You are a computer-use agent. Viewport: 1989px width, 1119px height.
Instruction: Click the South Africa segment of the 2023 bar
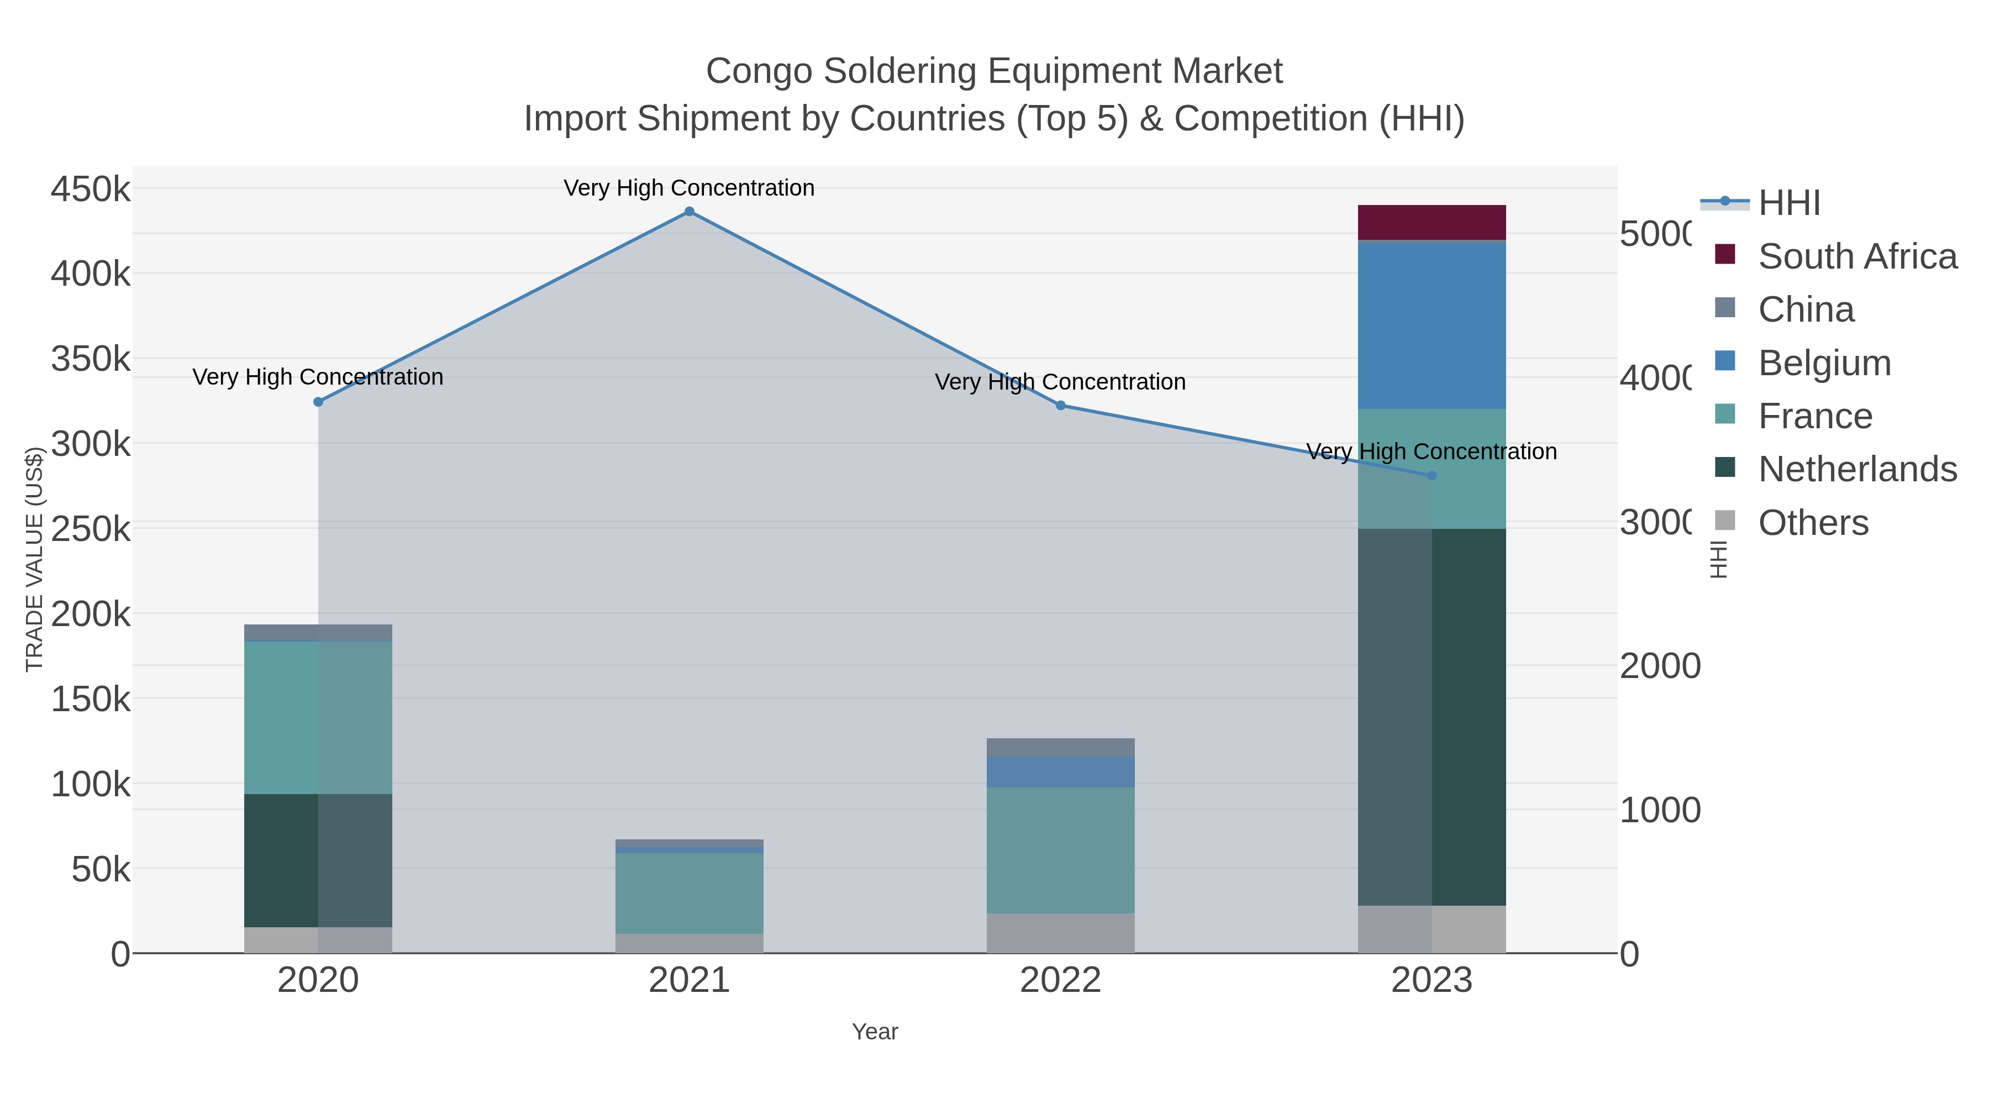point(1432,222)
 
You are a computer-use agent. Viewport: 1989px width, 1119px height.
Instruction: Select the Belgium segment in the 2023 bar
point(1432,325)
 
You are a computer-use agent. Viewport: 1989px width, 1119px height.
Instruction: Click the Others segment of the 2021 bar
point(689,943)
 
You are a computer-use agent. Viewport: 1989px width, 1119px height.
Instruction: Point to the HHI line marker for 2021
point(690,212)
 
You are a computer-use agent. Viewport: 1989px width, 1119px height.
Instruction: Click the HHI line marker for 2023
point(1432,476)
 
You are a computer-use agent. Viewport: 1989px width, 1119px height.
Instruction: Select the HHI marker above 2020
point(318,402)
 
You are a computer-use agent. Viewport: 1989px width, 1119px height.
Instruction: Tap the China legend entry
point(1805,309)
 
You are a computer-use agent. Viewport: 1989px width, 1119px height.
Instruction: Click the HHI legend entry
point(1788,203)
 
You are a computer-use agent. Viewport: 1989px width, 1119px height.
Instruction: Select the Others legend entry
point(1813,523)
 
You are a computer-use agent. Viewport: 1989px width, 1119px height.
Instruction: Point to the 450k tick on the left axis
point(91,189)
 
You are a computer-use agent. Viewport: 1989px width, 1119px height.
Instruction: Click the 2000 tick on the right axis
point(1659,666)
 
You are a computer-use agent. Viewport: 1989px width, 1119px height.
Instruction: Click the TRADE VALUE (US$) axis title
point(35,559)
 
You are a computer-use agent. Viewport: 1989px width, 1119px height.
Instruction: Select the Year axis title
point(874,1032)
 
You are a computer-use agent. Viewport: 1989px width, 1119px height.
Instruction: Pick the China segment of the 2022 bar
point(1060,747)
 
